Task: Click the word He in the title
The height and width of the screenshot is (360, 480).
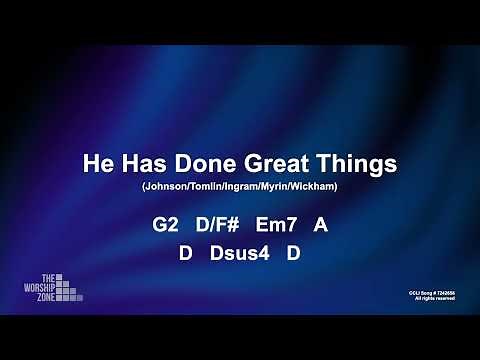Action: tap(98, 163)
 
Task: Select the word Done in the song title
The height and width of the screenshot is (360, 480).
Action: tap(204, 163)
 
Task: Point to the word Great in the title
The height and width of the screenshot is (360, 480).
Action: tap(274, 163)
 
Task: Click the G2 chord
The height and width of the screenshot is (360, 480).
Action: tap(165, 226)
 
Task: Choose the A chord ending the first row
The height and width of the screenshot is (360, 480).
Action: tap(320, 226)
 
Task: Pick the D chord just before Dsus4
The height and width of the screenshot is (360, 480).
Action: tap(185, 254)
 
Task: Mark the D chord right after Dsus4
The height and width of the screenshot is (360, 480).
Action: tap(294, 254)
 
